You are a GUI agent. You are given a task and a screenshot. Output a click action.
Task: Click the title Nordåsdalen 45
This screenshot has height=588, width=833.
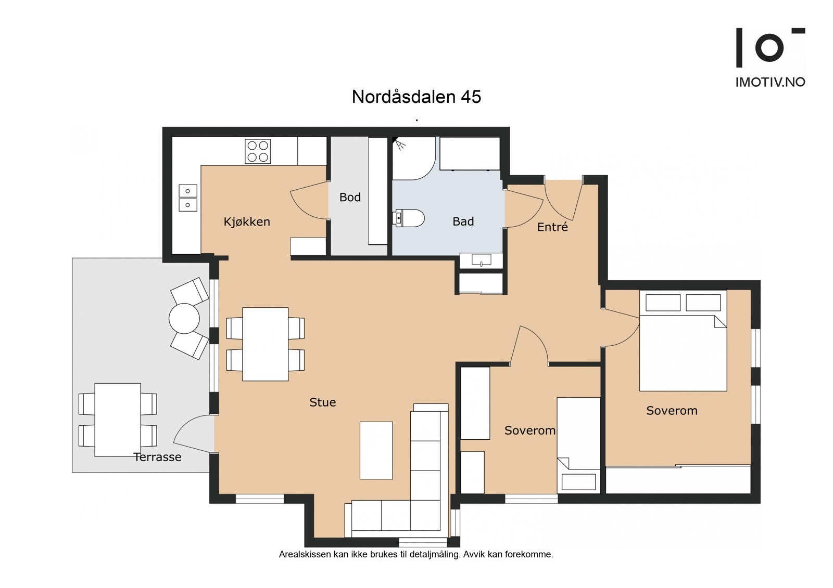coord(416,97)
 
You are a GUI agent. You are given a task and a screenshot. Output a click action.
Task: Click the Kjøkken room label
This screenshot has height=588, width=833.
coord(247,222)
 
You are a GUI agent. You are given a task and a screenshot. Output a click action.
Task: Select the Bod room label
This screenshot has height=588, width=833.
coord(350,198)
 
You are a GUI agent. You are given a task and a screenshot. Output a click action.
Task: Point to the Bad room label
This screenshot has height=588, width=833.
coord(463,222)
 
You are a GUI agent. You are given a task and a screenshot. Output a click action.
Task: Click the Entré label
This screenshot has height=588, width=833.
coord(552,227)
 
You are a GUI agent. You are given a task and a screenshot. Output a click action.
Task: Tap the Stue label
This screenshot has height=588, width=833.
coord(322,402)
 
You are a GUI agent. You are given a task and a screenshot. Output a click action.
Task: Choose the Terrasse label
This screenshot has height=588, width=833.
coord(157,458)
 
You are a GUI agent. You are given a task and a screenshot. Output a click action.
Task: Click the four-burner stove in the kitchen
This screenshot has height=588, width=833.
coord(258,151)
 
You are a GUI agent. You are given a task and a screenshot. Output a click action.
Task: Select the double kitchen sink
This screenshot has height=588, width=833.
coord(188,198)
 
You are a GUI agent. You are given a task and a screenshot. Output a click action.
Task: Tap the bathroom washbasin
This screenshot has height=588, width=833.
coord(481,260)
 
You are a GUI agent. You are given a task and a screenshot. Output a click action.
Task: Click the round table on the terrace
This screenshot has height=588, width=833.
coord(184,318)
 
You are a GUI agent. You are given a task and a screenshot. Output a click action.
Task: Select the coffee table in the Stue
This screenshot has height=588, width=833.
coord(376,450)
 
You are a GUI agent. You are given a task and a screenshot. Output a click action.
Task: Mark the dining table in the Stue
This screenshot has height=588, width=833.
coord(265,344)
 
